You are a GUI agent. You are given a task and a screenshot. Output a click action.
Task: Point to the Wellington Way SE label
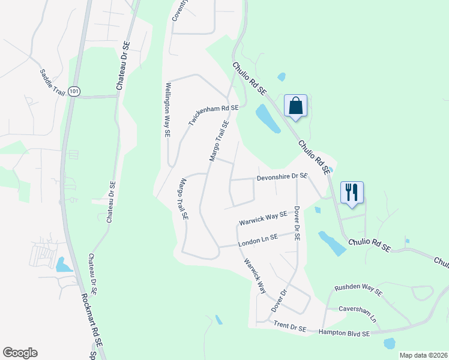[167, 111]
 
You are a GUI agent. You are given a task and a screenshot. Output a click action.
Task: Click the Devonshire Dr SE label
[282, 176]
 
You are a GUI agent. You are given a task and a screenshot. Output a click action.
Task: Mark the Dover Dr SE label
[297, 223]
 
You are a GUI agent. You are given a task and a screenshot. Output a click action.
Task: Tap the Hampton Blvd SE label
[344, 331]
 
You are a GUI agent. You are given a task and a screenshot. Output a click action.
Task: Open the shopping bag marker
[295, 106]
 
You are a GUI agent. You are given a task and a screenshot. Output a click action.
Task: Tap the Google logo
[20, 353]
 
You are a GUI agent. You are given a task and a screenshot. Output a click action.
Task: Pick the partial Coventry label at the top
[176, 10]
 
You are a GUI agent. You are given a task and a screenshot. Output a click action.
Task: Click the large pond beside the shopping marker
[268, 119]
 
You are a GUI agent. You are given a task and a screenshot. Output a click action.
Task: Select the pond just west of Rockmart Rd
[62, 264]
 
